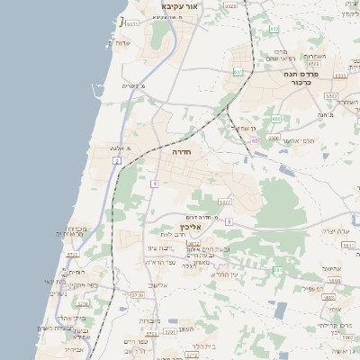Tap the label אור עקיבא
[179, 6]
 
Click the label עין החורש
[214, 274]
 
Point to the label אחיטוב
[332, 268]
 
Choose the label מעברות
[149, 319]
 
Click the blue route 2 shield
[116, 160]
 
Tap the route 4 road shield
[155, 184]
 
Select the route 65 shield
[256, 140]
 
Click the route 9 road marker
[229, 221]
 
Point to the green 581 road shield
[278, 270]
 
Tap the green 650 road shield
[276, 119]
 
